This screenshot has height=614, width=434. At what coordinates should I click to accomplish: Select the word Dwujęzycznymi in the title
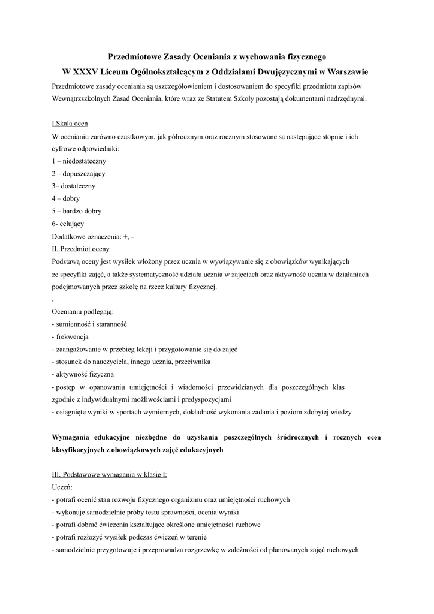(x=272, y=72)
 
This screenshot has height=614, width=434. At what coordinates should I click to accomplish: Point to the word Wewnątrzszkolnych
(x=82, y=98)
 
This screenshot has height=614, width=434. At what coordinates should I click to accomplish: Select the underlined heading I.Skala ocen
(x=70, y=124)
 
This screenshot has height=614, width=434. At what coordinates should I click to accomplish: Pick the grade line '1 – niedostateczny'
(x=79, y=161)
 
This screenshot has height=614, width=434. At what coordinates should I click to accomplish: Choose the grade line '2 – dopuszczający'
(x=79, y=174)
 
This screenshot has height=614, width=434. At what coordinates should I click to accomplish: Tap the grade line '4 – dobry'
(x=66, y=198)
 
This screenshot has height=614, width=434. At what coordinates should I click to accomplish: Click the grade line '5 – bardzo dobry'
(x=77, y=211)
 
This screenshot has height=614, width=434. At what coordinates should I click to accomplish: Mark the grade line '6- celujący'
(x=68, y=224)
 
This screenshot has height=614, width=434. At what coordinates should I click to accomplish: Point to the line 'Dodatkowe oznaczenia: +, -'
(x=93, y=236)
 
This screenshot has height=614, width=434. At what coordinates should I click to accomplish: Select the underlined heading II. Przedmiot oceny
(x=81, y=249)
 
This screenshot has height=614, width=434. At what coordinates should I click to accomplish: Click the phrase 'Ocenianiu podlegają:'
(x=83, y=312)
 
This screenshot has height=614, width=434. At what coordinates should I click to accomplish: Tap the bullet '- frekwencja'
(x=70, y=337)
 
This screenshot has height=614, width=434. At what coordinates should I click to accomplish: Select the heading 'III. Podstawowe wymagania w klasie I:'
(x=110, y=475)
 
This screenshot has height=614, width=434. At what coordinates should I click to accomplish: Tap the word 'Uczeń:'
(x=62, y=487)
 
